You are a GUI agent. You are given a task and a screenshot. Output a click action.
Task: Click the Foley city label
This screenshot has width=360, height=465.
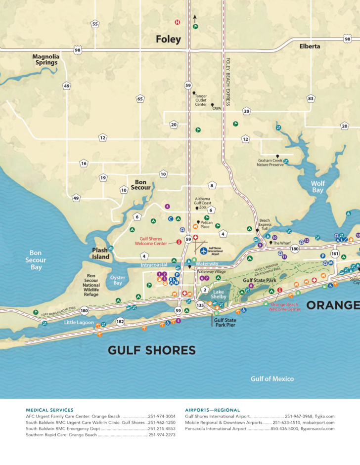pos(168,39)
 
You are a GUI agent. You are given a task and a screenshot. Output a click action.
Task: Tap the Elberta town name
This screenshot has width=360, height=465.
pos(310,46)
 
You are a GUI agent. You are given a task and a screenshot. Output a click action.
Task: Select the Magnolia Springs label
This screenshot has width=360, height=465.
pos(46,60)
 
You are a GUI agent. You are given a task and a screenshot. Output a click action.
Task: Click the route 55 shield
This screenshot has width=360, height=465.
pos(95,24)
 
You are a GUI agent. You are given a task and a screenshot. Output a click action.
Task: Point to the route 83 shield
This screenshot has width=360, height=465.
pos(311,98)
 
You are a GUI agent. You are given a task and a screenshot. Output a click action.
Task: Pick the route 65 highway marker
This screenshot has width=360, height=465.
pos(140,99)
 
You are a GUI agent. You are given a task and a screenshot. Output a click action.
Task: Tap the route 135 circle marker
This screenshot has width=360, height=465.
pos(200,305)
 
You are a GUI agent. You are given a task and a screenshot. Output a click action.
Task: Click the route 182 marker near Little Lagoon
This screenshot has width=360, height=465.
pos(120,321)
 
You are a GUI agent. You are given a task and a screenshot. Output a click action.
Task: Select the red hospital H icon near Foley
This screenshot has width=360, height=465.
pos(177,22)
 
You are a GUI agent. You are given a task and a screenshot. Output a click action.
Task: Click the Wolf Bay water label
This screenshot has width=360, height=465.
pos(317,187)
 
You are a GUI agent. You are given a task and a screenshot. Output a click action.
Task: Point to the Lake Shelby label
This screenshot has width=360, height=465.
pos(219,294)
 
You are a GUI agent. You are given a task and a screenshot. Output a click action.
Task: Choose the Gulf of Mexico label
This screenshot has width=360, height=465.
pos(272,379)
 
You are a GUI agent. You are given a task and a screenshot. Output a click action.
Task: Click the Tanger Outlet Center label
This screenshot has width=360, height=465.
pos(201,100)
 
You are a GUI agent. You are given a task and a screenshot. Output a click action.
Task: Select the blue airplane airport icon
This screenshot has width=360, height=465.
pos(203,251)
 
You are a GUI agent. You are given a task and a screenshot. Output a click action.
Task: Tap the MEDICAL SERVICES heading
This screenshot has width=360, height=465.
pos(49,410)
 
